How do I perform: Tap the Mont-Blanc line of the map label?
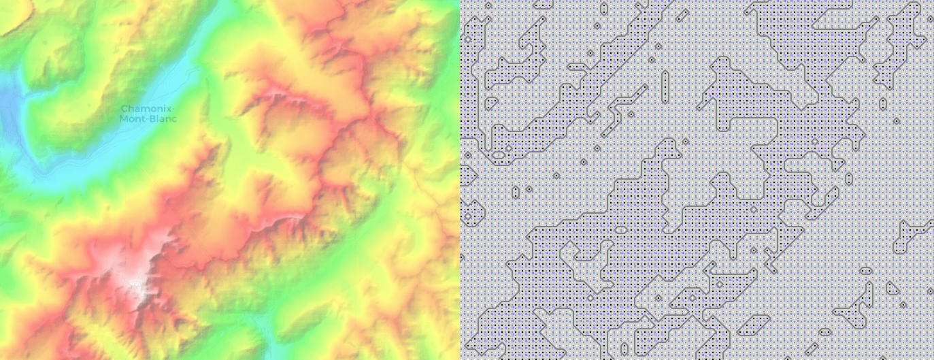pos(148,119)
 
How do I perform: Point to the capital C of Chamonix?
pos(124,110)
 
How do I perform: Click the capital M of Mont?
pos(123,119)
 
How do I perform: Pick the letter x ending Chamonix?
pos(168,110)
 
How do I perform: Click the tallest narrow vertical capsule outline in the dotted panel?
pos(665,84)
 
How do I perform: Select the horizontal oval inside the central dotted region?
pos(620,231)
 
